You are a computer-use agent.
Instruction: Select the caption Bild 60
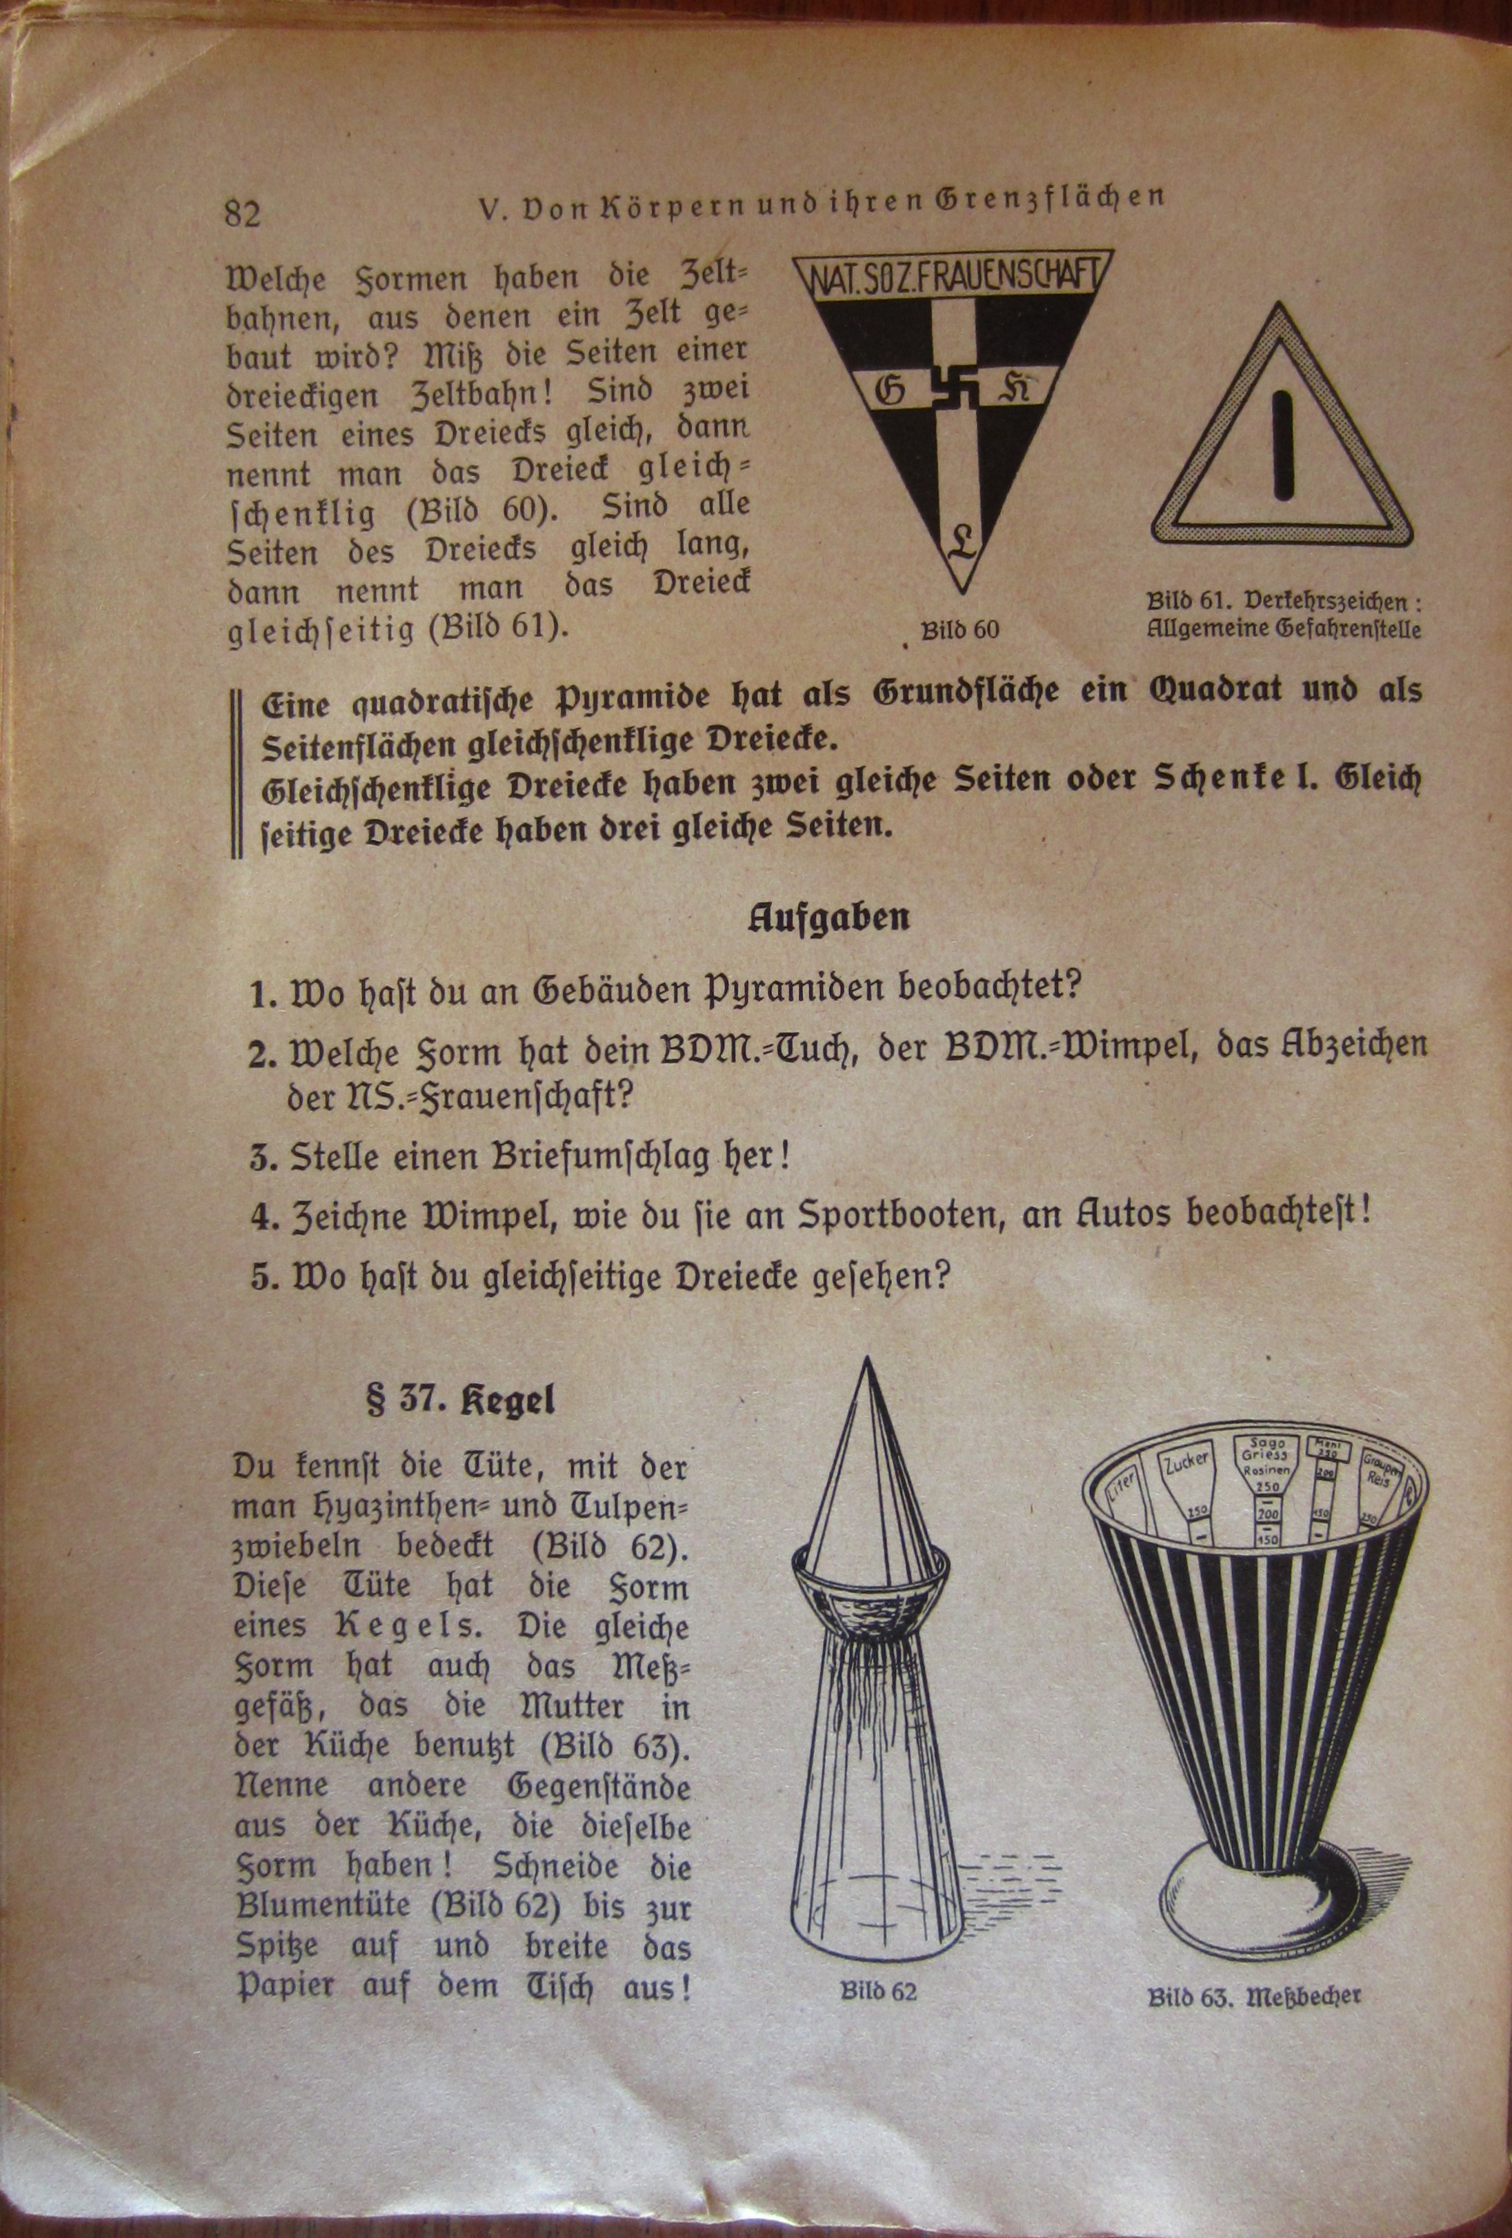[959, 631]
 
